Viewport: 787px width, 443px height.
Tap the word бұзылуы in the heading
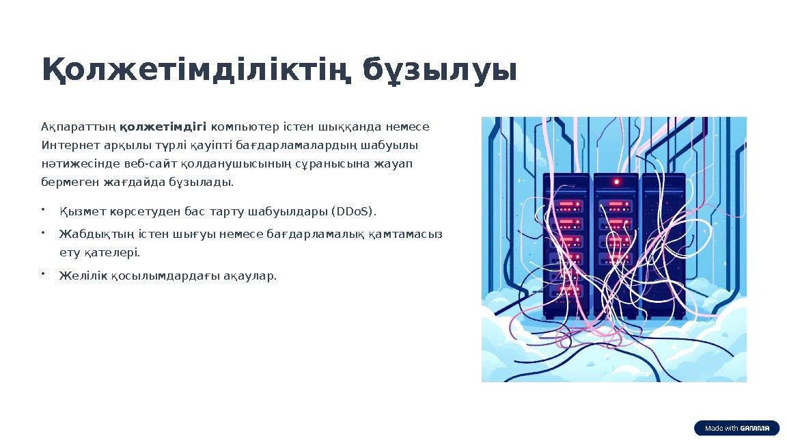(x=439, y=70)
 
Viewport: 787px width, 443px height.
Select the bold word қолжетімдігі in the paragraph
(x=163, y=127)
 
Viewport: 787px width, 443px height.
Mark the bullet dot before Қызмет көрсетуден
(x=42, y=209)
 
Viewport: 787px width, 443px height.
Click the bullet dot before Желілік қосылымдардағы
(x=42, y=274)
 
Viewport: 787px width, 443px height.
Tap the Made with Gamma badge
(x=736, y=429)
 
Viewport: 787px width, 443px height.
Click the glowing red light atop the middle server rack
(x=616, y=182)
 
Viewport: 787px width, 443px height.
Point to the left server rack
(x=567, y=246)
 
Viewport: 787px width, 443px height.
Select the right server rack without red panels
(x=663, y=246)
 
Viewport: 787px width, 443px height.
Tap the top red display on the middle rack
(x=616, y=204)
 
